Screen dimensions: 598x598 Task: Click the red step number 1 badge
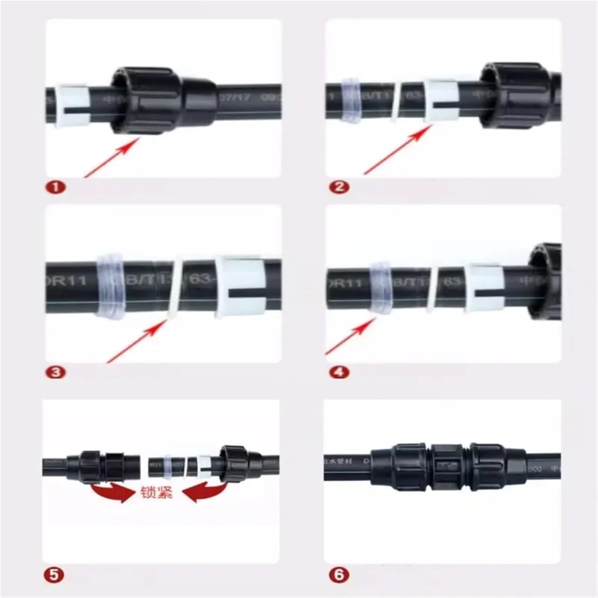click(x=56, y=187)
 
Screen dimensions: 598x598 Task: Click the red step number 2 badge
click(x=339, y=187)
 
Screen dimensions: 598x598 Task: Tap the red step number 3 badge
click(x=56, y=372)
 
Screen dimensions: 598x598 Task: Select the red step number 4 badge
click(x=339, y=372)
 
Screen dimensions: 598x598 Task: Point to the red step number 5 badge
click(x=53, y=575)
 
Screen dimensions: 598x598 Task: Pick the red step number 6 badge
click(x=339, y=575)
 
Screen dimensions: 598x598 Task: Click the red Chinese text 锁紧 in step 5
click(x=157, y=493)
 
